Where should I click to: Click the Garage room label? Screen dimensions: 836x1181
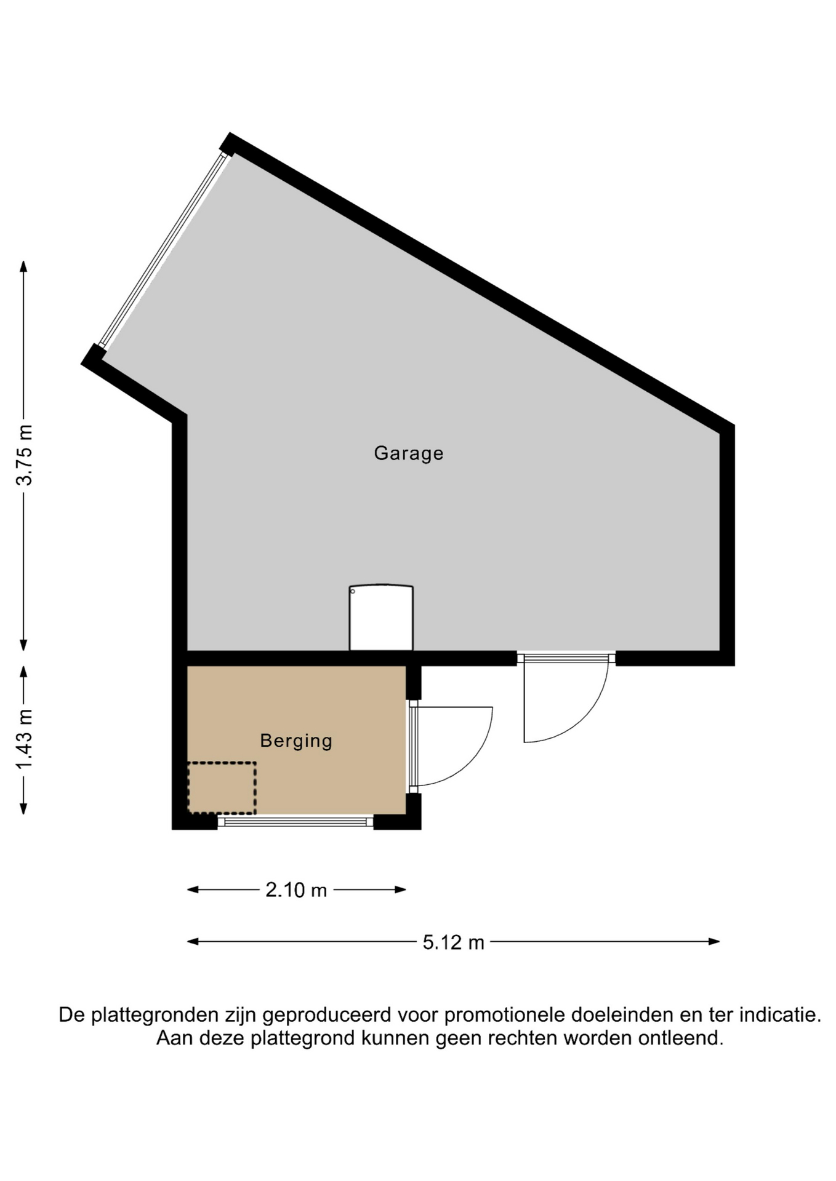point(408,453)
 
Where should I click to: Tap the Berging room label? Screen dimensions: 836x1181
point(296,741)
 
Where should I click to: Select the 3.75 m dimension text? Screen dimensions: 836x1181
point(25,455)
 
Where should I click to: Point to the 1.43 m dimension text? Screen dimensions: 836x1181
point(25,739)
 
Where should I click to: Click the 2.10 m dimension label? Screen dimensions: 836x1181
point(296,890)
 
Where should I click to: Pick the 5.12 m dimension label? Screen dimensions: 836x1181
point(454,942)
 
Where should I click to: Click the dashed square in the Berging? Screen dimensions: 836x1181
point(222,788)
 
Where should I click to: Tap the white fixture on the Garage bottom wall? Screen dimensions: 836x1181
point(381,617)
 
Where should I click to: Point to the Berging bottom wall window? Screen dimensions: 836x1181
point(295,822)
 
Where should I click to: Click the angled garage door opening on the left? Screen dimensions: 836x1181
point(163,251)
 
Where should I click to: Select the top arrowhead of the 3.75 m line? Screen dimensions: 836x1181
point(23,266)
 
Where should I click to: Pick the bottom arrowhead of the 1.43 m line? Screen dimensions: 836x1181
point(23,809)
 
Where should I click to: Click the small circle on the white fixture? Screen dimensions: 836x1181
point(353,592)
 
